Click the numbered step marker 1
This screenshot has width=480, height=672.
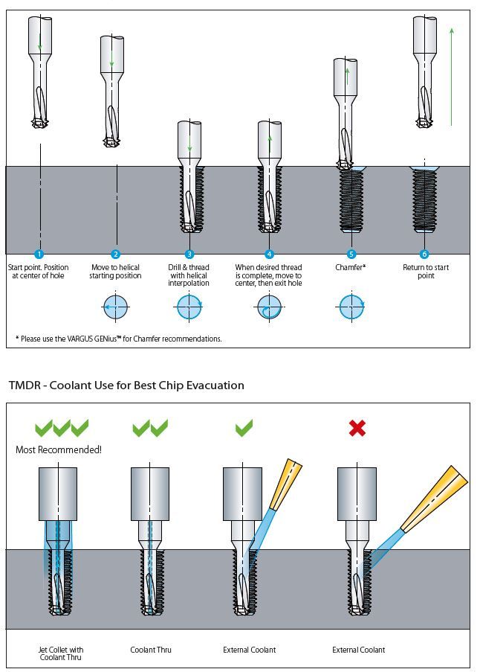tap(39, 255)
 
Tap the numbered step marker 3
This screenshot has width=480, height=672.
tap(189, 255)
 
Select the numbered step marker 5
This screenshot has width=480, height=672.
tap(351, 255)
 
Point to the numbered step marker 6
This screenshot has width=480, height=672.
tap(424, 255)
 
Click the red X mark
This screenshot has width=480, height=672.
tap(358, 427)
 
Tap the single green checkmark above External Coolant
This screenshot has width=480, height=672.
tap(244, 427)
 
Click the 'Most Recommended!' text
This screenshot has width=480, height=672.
tap(59, 449)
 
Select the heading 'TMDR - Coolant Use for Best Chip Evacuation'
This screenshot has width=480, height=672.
tap(126, 385)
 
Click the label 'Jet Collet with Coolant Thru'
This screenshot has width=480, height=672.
tap(61, 653)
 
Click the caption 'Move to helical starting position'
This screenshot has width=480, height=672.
tap(116, 272)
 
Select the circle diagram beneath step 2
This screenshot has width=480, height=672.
tap(115, 307)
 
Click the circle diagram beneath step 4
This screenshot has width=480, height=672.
tap(269, 307)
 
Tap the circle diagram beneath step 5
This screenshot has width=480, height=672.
tap(351, 307)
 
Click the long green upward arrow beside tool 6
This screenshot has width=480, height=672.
tap(451, 74)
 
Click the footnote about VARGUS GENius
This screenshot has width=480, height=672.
tap(119, 339)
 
